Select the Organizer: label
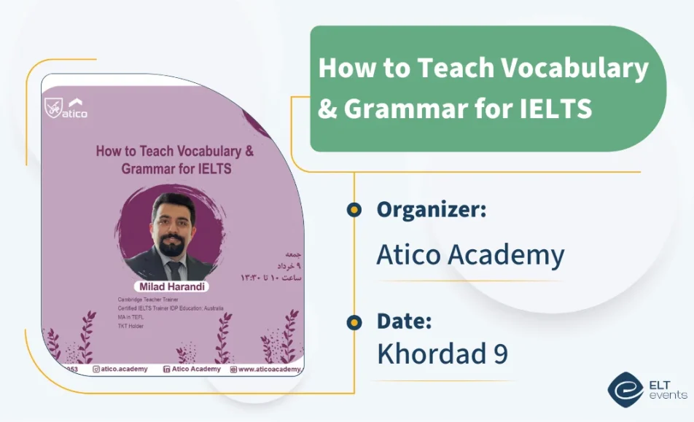pyautogui.click(x=431, y=210)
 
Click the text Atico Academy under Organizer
pyautogui.click(x=470, y=255)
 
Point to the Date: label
pyautogui.click(x=405, y=321)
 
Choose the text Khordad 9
pyautogui.click(x=442, y=355)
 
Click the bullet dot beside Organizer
pyautogui.click(x=354, y=211)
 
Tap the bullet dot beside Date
pyautogui.click(x=354, y=321)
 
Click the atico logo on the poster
pyautogui.click(x=66, y=108)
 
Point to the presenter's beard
pyautogui.click(x=172, y=246)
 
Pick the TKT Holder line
pyautogui.click(x=131, y=326)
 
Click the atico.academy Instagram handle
pyautogui.click(x=123, y=370)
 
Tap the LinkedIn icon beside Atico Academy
pyautogui.click(x=167, y=370)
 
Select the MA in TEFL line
pyautogui.click(x=132, y=317)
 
